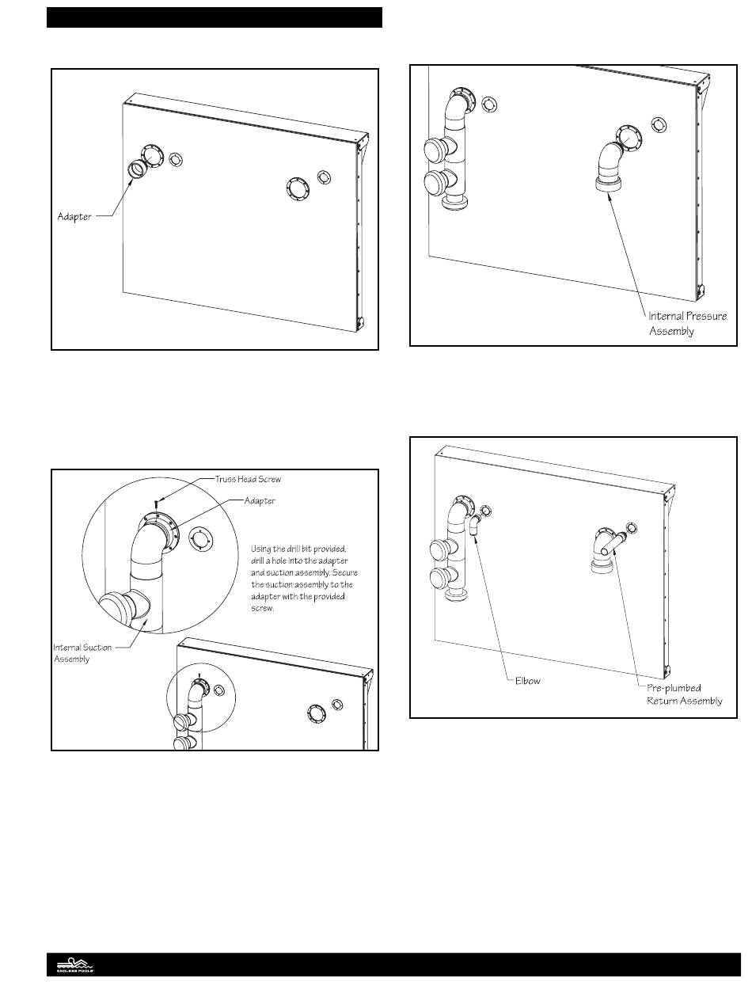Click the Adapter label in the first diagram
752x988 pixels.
coord(74,215)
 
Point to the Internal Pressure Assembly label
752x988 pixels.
coord(687,324)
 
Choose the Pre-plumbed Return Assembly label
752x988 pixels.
coord(684,694)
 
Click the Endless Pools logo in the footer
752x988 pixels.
coord(74,965)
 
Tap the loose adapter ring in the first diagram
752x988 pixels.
coord(137,169)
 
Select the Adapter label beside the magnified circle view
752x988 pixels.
coord(260,501)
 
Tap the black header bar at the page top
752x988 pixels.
coord(214,17)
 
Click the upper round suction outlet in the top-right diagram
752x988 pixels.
coord(437,150)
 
